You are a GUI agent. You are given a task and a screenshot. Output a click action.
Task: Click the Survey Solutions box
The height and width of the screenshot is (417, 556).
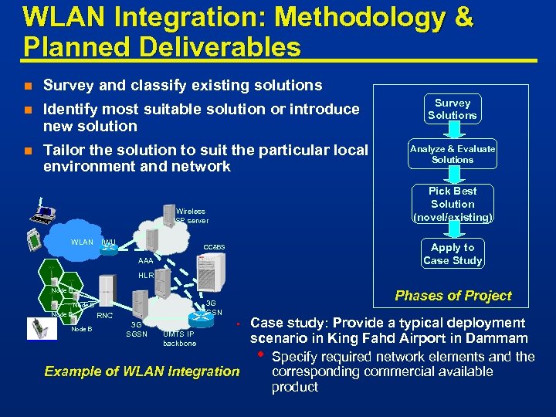(x=453, y=109)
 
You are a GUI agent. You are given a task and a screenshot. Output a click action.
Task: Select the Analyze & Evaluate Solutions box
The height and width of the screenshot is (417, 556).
(x=453, y=154)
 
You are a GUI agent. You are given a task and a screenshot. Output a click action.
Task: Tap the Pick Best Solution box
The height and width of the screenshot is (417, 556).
(x=453, y=204)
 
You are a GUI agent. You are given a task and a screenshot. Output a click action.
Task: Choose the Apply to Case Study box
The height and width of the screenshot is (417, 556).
(x=453, y=254)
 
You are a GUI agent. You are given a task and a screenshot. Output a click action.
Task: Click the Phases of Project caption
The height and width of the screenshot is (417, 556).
(x=453, y=296)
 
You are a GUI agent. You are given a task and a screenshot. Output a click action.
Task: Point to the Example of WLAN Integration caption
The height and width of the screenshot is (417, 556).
(x=142, y=371)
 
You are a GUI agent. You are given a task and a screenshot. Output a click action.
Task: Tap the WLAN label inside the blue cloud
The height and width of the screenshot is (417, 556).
(x=82, y=242)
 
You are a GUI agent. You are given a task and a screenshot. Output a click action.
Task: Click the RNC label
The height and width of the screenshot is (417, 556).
(x=105, y=315)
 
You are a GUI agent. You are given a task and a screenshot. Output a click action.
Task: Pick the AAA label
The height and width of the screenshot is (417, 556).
(x=145, y=261)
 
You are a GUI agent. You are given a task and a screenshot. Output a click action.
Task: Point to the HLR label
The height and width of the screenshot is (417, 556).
(x=145, y=275)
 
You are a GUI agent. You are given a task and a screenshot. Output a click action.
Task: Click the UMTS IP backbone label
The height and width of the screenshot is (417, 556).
(x=179, y=338)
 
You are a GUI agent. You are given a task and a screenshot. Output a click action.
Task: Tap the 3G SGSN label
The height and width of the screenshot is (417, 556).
(x=137, y=329)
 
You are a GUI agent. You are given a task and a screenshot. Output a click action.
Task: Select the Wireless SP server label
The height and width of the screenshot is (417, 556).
(x=190, y=215)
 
